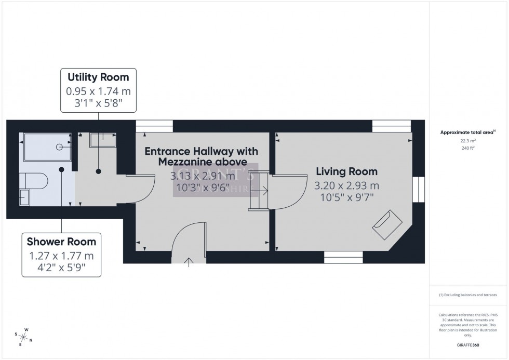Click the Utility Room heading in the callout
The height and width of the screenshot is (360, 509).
click(x=98, y=77)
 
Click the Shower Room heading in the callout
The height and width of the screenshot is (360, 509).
click(x=61, y=242)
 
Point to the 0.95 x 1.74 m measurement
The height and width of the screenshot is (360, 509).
click(x=98, y=90)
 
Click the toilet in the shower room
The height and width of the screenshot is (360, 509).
click(x=34, y=181)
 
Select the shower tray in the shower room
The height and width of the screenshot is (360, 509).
click(x=46, y=148)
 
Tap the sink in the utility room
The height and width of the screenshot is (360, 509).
click(x=103, y=139)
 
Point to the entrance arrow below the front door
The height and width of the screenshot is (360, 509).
click(x=188, y=260)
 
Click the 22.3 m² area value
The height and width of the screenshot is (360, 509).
click(x=468, y=140)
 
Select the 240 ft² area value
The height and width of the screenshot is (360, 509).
click(x=468, y=148)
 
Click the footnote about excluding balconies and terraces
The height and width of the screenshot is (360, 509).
click(x=468, y=295)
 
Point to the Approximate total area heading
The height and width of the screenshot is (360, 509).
click(x=468, y=132)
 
